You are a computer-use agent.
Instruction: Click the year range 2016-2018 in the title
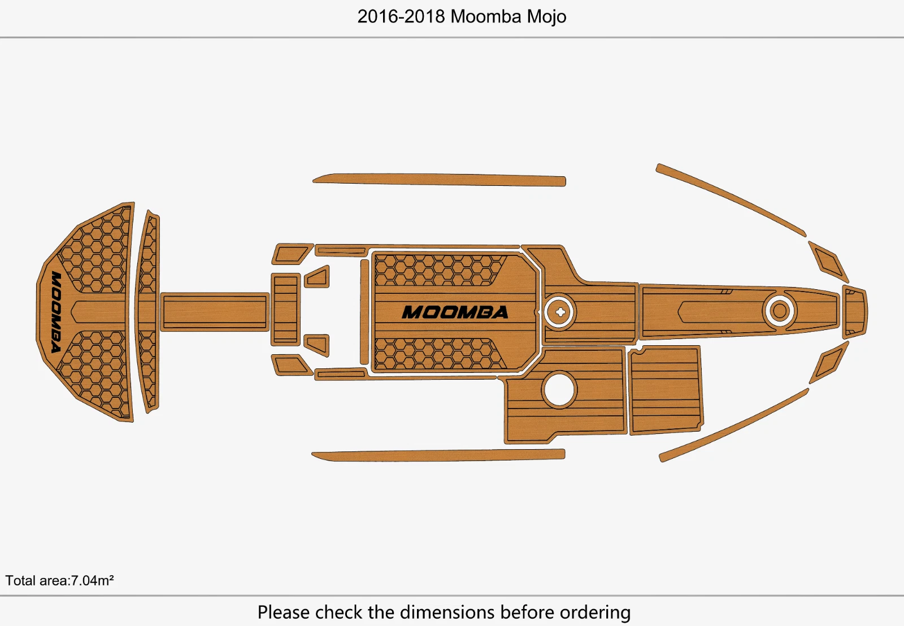(401, 16)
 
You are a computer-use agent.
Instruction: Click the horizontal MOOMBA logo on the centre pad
(455, 312)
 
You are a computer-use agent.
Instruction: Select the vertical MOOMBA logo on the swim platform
(56, 311)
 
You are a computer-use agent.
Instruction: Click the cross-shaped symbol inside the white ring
(560, 312)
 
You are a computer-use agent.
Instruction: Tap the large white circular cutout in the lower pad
(559, 390)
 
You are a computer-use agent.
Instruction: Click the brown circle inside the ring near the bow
(779, 311)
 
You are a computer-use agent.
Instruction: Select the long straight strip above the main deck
(439, 180)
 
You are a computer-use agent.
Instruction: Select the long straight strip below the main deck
(438, 455)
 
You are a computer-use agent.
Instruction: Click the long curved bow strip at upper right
(731, 199)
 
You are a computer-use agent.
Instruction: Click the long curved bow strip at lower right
(734, 425)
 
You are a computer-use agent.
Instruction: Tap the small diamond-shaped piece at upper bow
(828, 262)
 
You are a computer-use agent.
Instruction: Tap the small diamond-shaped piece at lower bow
(829, 362)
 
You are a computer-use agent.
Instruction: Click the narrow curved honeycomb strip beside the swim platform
(147, 311)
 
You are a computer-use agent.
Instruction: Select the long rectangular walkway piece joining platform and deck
(215, 312)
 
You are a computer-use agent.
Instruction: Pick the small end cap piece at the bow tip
(854, 311)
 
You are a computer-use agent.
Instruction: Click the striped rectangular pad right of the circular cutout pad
(666, 390)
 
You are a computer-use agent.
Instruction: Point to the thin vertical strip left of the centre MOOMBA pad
(364, 312)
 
